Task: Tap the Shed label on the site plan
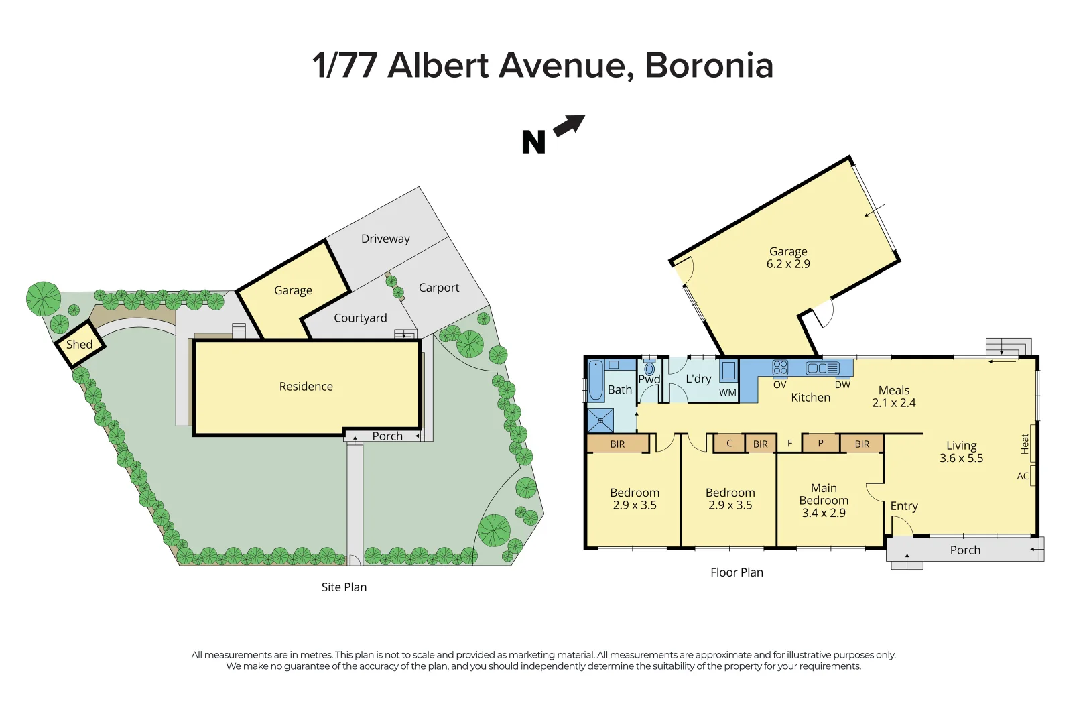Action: [x=79, y=345]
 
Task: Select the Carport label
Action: [x=439, y=288]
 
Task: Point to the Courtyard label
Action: [x=361, y=318]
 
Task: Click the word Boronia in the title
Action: [x=709, y=66]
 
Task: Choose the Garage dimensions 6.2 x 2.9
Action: [x=788, y=264]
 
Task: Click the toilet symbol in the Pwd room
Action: [x=649, y=369]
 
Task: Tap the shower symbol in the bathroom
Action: [x=600, y=420]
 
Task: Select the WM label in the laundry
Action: [x=728, y=393]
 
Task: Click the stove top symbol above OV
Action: [x=780, y=367]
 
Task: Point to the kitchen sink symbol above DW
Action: [x=823, y=368]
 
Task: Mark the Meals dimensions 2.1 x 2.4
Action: [x=894, y=403]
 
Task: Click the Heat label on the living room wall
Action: [x=1025, y=444]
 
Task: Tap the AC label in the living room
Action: [x=1023, y=476]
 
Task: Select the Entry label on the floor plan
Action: [x=904, y=506]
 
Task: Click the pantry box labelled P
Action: [x=820, y=443]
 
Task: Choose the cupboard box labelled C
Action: [x=729, y=443]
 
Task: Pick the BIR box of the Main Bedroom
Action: [x=862, y=444]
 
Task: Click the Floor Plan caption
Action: [x=737, y=572]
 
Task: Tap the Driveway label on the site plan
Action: [x=385, y=239]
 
